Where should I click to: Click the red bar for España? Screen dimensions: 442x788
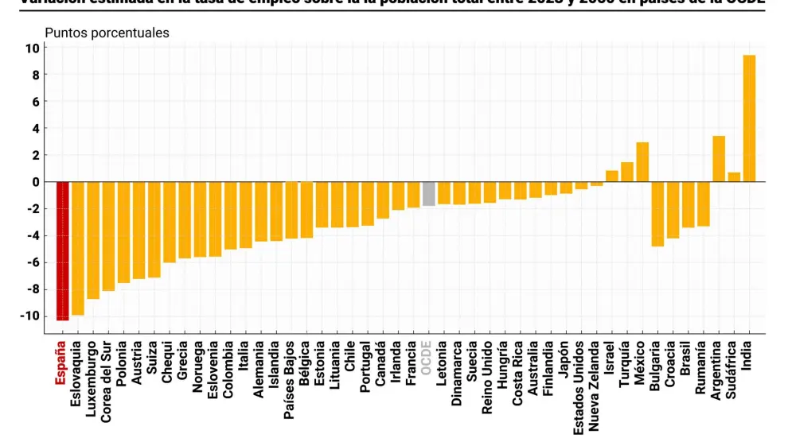[x=62, y=250]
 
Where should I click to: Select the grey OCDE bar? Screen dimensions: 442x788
[x=429, y=194]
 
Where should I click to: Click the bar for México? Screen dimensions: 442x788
[x=642, y=162]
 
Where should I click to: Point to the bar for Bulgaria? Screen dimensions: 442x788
[x=657, y=214]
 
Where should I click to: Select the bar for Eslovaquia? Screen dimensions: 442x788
[x=77, y=248]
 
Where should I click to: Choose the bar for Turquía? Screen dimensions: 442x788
[x=627, y=172]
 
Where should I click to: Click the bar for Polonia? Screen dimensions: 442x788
[x=123, y=232]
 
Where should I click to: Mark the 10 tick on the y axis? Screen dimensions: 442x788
[x=32, y=48]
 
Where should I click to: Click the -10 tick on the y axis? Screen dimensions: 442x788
[x=30, y=316]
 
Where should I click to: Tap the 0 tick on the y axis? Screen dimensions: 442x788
[x=34, y=181]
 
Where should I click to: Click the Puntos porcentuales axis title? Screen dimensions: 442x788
[x=107, y=33]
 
